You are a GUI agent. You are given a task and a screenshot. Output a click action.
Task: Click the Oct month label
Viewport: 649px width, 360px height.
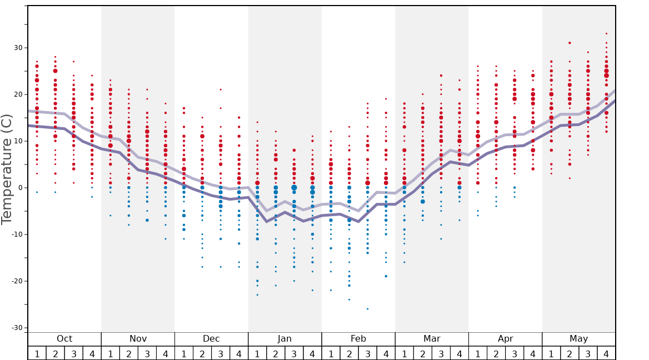tap(64, 339)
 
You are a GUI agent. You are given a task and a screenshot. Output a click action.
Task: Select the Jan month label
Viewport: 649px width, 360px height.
tap(284, 339)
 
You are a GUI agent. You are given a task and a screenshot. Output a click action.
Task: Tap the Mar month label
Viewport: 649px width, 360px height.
tap(432, 339)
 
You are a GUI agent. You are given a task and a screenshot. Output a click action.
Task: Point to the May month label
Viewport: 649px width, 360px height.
tap(578, 339)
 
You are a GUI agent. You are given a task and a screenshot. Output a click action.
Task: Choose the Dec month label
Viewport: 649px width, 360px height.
tap(211, 339)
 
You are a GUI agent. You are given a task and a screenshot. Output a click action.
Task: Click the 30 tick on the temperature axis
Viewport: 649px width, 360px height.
tap(18, 48)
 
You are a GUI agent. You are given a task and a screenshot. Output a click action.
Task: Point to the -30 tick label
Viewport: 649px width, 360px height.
tap(17, 328)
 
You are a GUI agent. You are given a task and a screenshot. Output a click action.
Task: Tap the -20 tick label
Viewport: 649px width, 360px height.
tap(17, 281)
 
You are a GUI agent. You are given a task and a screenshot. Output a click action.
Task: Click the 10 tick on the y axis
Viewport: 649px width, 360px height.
tap(18, 141)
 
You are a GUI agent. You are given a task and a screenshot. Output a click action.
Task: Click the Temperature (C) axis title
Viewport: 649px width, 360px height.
tap(7, 169)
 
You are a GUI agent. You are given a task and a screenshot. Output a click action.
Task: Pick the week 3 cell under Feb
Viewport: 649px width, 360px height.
tap(367, 353)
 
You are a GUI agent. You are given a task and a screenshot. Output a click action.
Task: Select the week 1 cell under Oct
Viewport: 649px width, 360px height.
tap(37, 353)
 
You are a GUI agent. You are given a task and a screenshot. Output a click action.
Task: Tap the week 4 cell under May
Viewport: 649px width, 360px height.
tap(606, 353)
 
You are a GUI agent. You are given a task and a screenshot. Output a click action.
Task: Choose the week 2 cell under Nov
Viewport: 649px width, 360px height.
tap(128, 353)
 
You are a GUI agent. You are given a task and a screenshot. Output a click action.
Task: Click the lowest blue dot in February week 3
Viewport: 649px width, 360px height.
tap(367, 309)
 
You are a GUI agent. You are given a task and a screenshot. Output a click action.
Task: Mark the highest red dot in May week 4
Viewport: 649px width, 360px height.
tap(606, 33)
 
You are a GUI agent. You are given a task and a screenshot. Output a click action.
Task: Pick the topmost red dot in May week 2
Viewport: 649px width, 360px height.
tap(570, 43)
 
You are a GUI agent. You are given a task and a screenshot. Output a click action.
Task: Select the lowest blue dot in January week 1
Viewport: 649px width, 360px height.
tap(257, 294)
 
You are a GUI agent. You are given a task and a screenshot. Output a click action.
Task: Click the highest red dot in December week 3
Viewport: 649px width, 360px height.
tap(221, 89)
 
